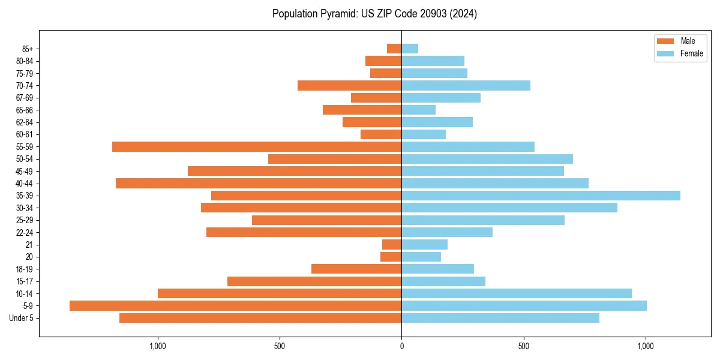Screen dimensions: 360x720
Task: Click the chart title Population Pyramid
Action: point(374,14)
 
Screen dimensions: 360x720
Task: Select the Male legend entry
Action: point(687,41)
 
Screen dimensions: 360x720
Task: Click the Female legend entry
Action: point(691,53)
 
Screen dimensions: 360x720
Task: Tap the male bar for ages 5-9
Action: point(235,306)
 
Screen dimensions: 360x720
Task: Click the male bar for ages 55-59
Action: point(257,147)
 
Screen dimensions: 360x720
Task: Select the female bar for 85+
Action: point(410,49)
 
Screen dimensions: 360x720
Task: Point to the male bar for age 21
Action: point(392,245)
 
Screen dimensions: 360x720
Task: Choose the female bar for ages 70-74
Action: point(466,86)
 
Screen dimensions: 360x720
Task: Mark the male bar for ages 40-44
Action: point(259,184)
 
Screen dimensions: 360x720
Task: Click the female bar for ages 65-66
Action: point(418,110)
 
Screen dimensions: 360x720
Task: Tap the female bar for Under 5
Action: point(500,318)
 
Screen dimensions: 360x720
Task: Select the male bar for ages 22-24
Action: point(304,232)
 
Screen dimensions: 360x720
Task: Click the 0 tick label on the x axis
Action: point(401,346)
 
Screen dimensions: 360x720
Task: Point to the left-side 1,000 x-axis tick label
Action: point(157,346)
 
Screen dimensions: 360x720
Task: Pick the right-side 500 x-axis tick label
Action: point(524,346)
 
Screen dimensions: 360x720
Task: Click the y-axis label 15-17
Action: point(25,281)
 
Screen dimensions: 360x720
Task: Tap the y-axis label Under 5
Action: point(22,318)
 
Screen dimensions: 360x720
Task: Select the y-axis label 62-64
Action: point(25,122)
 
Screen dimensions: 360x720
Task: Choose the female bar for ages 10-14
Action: point(517,293)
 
